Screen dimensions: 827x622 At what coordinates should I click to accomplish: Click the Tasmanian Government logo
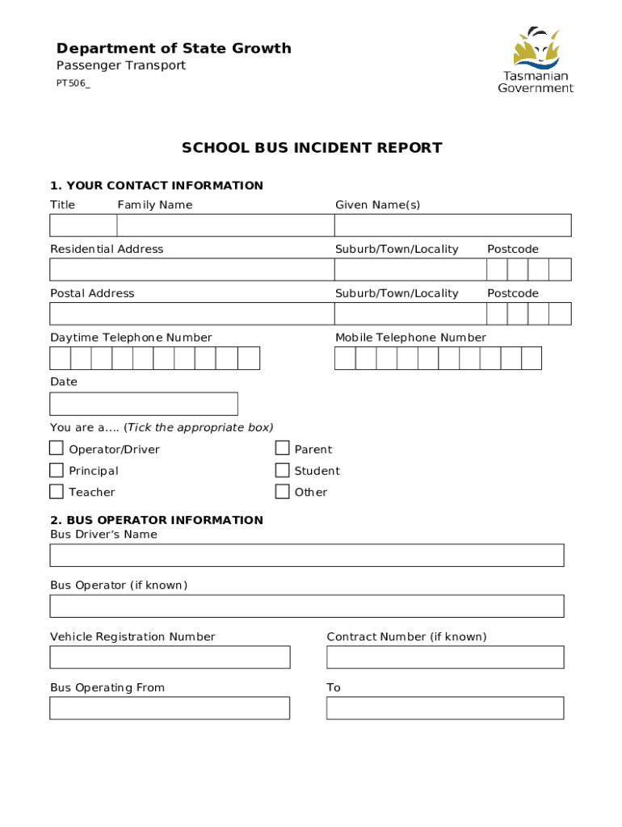[x=536, y=60]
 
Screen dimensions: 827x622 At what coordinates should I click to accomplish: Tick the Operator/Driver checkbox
[x=57, y=448]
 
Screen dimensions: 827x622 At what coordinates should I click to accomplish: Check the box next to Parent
[x=282, y=448]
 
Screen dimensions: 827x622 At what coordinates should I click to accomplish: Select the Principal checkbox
[x=57, y=470]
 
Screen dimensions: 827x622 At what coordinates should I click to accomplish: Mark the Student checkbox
[x=282, y=470]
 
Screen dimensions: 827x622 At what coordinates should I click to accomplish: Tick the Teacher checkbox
[x=57, y=491]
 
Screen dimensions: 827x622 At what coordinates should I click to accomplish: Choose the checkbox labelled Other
[x=282, y=491]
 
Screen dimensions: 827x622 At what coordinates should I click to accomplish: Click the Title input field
[x=83, y=225]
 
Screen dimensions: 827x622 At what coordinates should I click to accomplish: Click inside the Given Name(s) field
[x=452, y=225]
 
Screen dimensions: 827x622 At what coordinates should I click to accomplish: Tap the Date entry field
[x=144, y=404]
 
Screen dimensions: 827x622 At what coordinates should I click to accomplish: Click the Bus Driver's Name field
[x=307, y=556]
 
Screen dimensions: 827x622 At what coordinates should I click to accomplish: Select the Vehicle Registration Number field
[x=170, y=657]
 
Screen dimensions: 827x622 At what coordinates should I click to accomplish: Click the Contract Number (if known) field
[x=445, y=657]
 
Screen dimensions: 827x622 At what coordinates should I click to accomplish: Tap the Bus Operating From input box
[x=170, y=708]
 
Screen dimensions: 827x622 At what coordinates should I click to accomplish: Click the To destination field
[x=445, y=708]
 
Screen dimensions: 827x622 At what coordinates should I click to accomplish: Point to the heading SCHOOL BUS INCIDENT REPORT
[x=312, y=148]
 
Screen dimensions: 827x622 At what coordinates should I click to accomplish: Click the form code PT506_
[x=73, y=84]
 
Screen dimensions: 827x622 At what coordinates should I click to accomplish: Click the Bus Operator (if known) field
[x=307, y=607]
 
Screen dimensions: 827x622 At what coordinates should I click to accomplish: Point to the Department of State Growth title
[x=174, y=48]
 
